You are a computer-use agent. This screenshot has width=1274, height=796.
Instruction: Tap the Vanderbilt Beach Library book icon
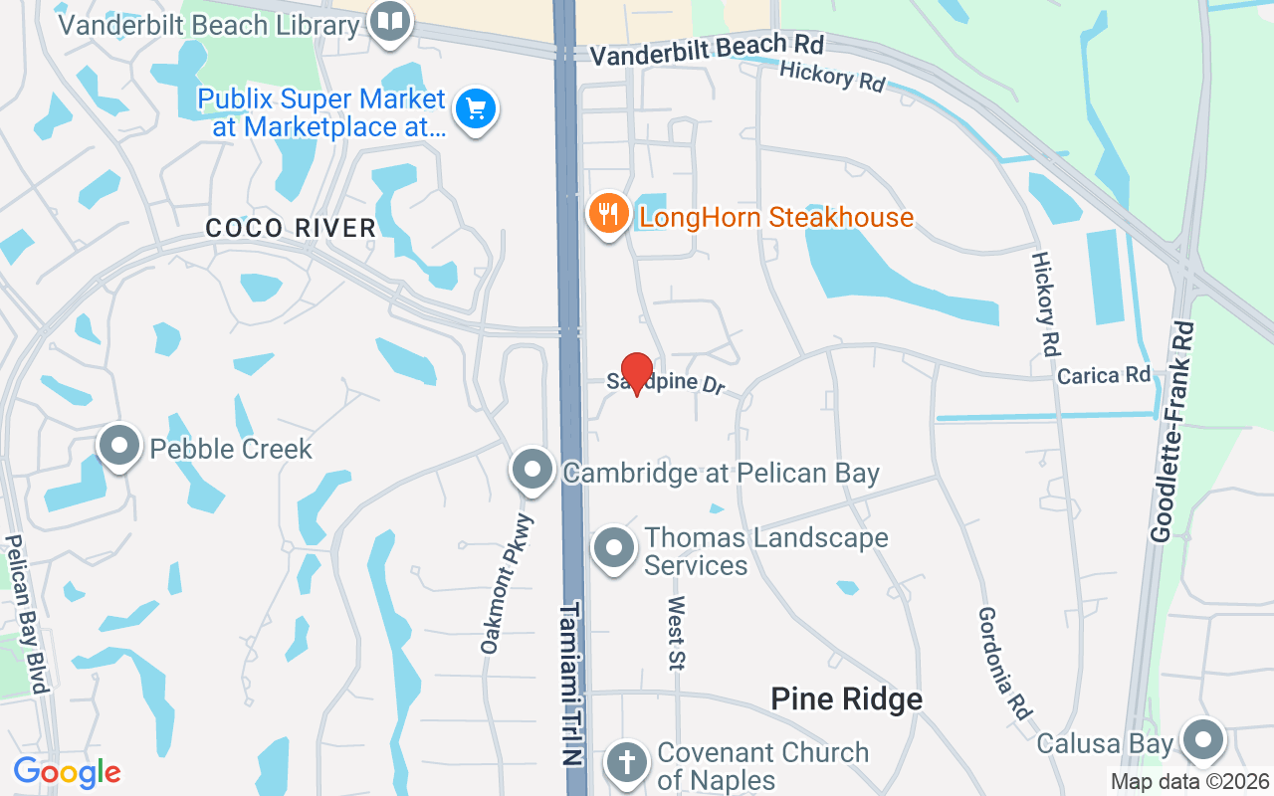(x=391, y=22)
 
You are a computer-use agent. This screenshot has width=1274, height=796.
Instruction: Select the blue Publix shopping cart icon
(x=476, y=109)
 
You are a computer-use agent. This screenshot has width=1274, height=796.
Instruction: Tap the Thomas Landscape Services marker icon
(x=615, y=548)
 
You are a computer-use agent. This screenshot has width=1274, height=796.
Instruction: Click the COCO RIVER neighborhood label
(x=291, y=228)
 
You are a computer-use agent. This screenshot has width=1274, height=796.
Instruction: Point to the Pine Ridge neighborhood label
(x=846, y=699)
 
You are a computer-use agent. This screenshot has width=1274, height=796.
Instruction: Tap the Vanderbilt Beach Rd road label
(x=707, y=51)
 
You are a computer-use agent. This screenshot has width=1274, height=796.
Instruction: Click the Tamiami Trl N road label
(x=569, y=696)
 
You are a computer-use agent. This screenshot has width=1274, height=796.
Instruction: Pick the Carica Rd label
(x=1104, y=376)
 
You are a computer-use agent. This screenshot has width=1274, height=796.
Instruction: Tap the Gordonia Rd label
(x=1002, y=664)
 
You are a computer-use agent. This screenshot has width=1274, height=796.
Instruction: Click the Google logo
(x=67, y=771)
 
